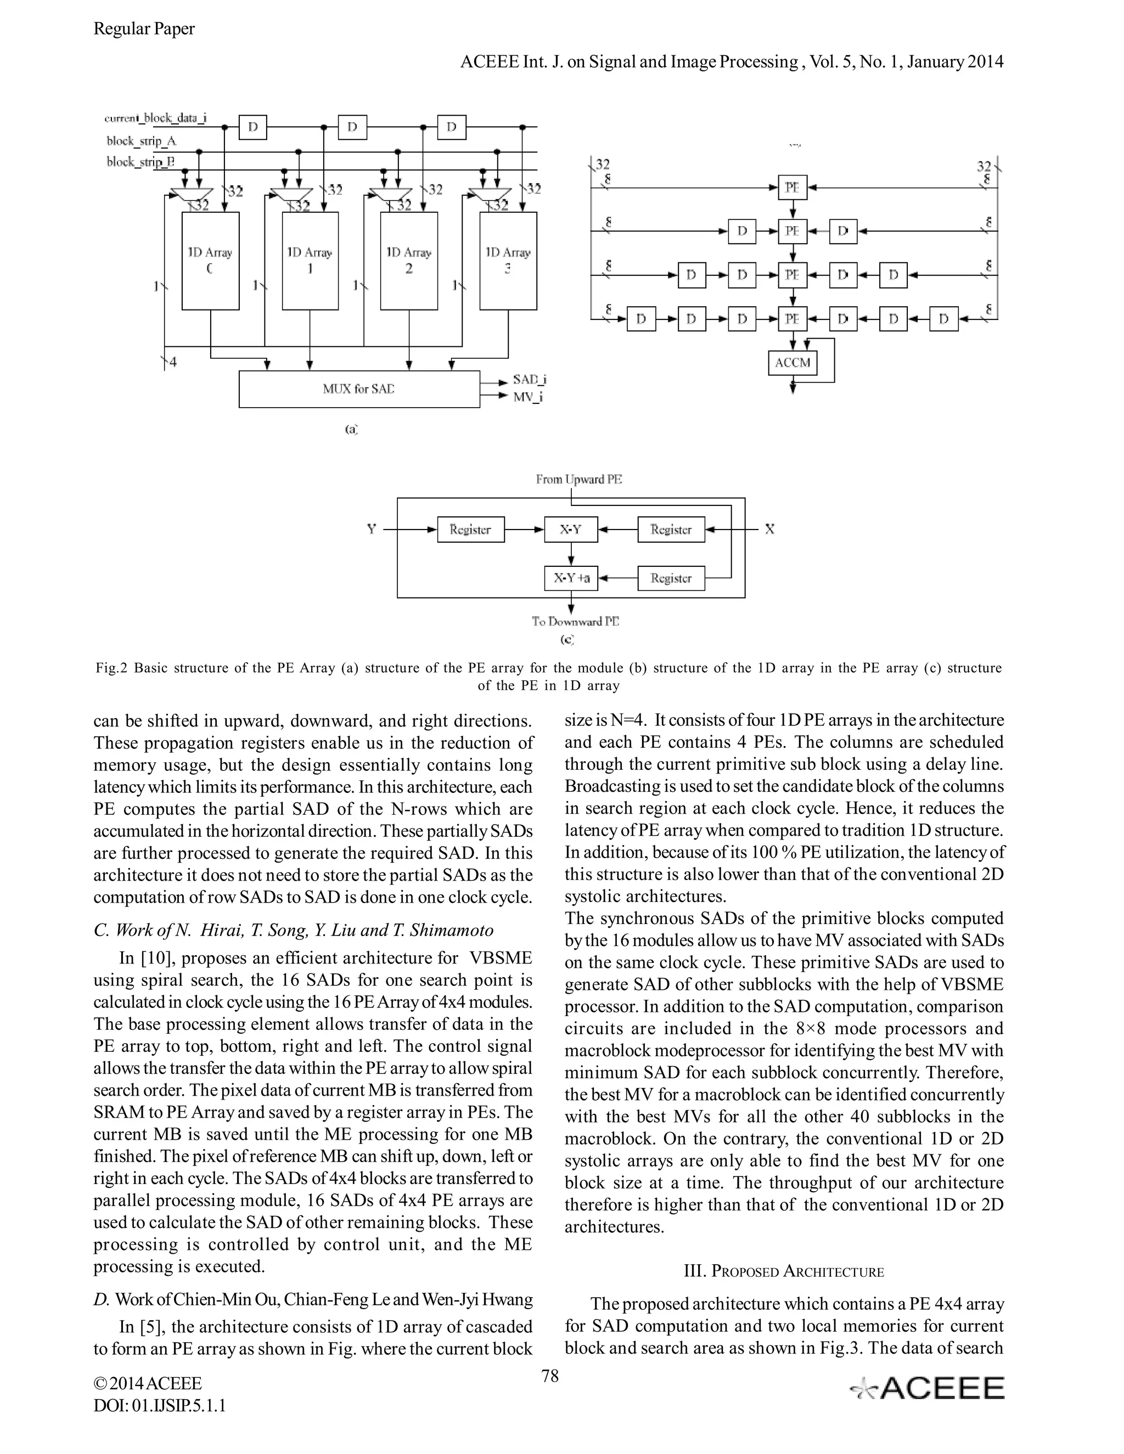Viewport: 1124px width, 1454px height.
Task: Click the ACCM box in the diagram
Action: coord(793,363)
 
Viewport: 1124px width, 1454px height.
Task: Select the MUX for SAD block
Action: coord(359,389)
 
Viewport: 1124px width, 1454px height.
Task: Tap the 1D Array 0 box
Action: coord(210,261)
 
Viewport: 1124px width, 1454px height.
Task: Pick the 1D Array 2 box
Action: coord(409,261)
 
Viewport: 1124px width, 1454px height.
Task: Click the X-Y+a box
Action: coord(571,578)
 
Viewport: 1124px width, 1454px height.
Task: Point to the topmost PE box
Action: coord(793,188)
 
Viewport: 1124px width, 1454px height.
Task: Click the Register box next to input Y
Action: coord(470,529)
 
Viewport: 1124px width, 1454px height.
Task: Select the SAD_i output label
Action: coord(530,380)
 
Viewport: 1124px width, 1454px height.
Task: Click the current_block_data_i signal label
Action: coord(156,119)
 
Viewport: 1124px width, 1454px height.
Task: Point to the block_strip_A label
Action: coord(142,141)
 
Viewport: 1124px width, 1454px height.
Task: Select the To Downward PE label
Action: coord(575,621)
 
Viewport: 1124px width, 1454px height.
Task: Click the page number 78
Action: coord(550,1376)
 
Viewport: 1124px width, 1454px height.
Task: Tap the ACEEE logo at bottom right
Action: coord(928,1388)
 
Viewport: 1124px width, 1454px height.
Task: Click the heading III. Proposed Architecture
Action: coord(784,1272)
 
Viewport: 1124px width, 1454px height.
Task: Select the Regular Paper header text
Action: coord(144,29)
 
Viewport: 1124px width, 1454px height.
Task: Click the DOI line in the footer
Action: coord(159,1405)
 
